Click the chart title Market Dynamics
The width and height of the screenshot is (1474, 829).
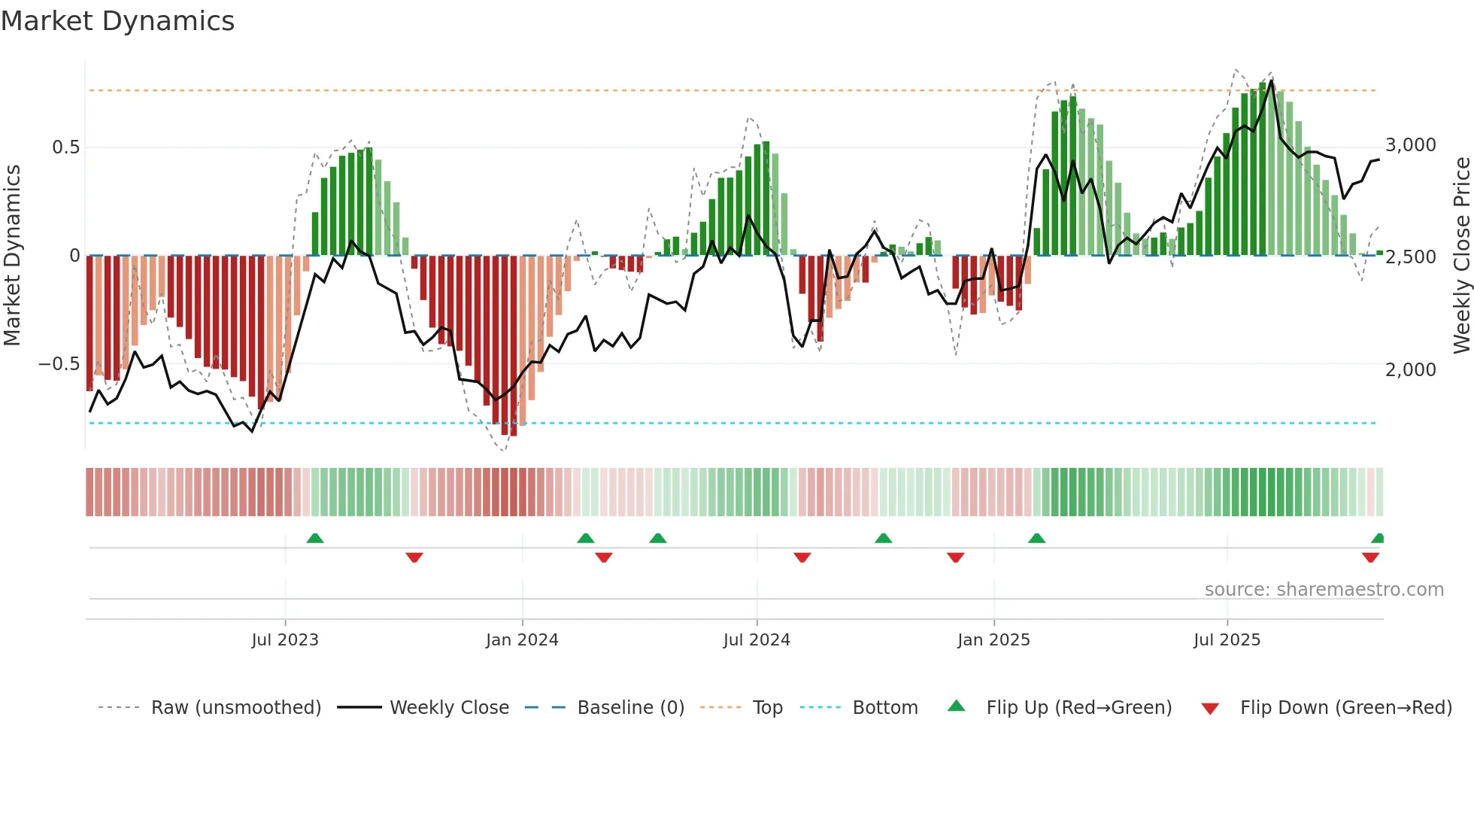tap(117, 21)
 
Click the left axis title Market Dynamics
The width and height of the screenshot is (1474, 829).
tap(12, 256)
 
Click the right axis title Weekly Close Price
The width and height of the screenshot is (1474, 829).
tap(1461, 256)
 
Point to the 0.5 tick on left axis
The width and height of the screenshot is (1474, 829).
tap(65, 147)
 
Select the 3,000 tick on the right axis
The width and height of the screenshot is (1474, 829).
tap(1410, 145)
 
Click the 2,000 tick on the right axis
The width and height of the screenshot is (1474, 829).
tap(1410, 369)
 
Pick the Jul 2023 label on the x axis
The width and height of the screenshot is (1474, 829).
tap(285, 640)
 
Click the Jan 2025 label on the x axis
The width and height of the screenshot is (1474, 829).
tap(993, 640)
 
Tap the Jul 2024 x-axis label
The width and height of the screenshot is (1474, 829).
tap(757, 640)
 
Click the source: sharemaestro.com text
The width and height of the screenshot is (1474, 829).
tap(1324, 590)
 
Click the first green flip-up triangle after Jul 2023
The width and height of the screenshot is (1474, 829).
tap(315, 539)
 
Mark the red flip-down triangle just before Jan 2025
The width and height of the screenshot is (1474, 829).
tap(956, 557)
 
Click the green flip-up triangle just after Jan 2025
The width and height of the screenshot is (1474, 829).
tap(1036, 539)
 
